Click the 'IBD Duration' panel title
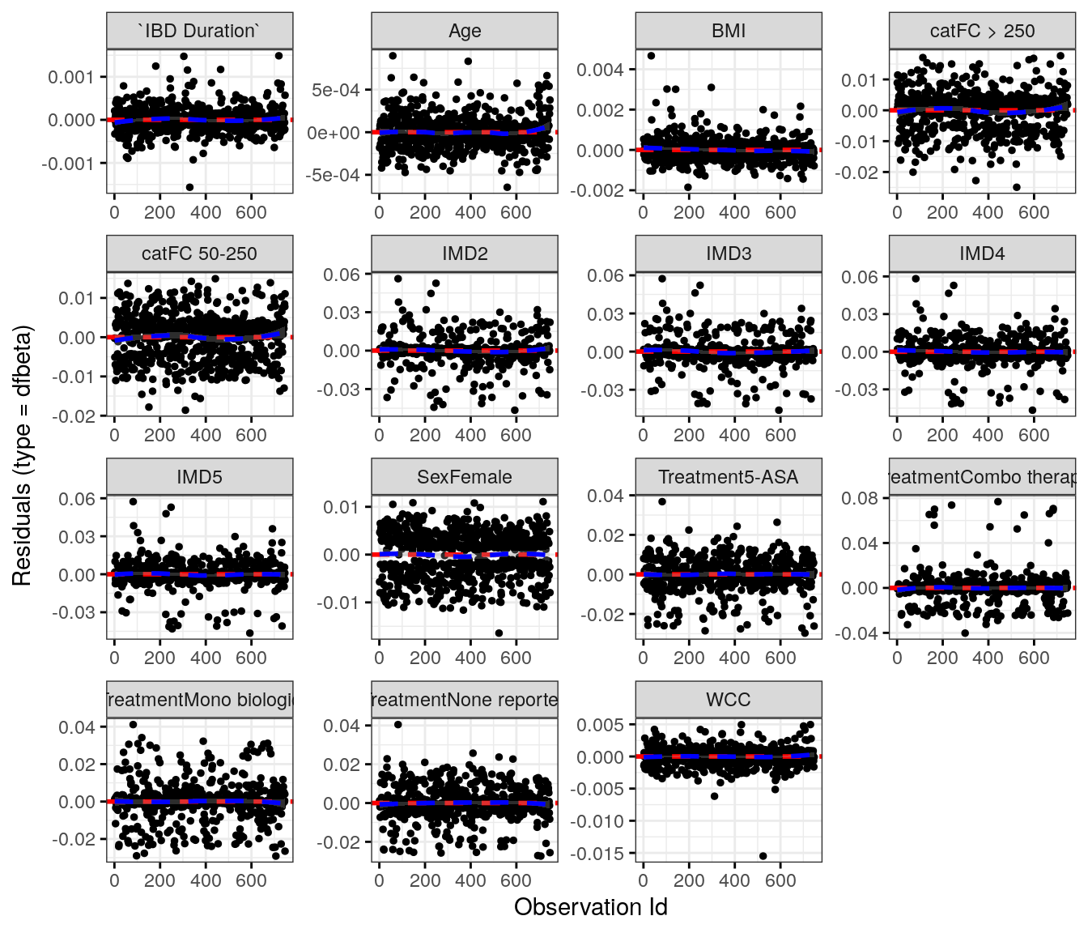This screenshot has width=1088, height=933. [199, 31]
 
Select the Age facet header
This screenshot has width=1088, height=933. [465, 31]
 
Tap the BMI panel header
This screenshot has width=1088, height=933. [729, 31]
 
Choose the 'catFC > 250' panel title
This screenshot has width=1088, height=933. [982, 31]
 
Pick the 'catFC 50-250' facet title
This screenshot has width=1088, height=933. [199, 253]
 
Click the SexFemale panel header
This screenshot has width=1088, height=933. [465, 477]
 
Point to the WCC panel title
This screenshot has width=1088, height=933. [729, 700]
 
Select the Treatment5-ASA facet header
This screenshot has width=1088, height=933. [729, 477]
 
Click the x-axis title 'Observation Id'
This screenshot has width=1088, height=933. [590, 907]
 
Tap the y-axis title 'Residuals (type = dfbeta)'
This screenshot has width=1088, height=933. [22, 455]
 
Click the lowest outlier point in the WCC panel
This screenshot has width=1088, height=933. [763, 855]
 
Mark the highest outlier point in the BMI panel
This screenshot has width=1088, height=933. [651, 56]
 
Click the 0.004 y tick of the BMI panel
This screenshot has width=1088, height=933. [601, 70]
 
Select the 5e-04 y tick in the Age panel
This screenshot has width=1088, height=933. [336, 90]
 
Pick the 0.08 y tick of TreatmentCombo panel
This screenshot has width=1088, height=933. [860, 498]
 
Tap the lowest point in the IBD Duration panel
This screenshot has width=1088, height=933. [189, 187]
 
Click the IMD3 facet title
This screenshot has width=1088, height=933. [729, 253]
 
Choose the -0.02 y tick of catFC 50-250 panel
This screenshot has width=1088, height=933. [77, 416]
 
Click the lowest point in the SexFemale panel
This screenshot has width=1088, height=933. [499, 633]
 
